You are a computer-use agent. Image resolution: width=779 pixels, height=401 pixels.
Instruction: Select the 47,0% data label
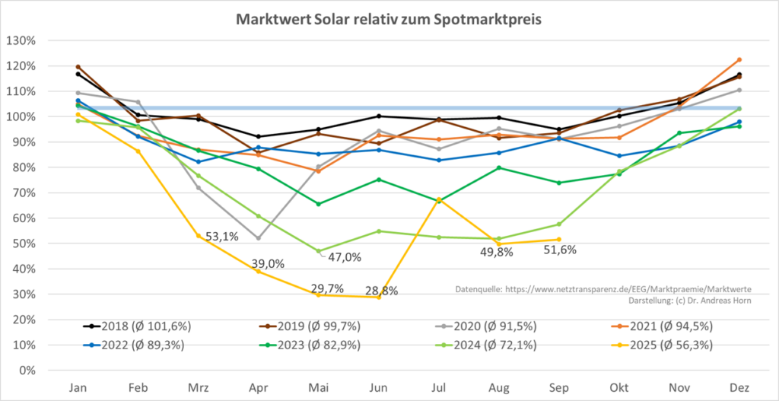344,257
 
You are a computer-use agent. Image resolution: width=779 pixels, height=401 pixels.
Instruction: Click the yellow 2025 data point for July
439,200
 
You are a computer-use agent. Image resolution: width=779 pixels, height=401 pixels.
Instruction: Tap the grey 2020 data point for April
259,238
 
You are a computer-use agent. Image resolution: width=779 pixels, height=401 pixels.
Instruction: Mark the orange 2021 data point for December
739,60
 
